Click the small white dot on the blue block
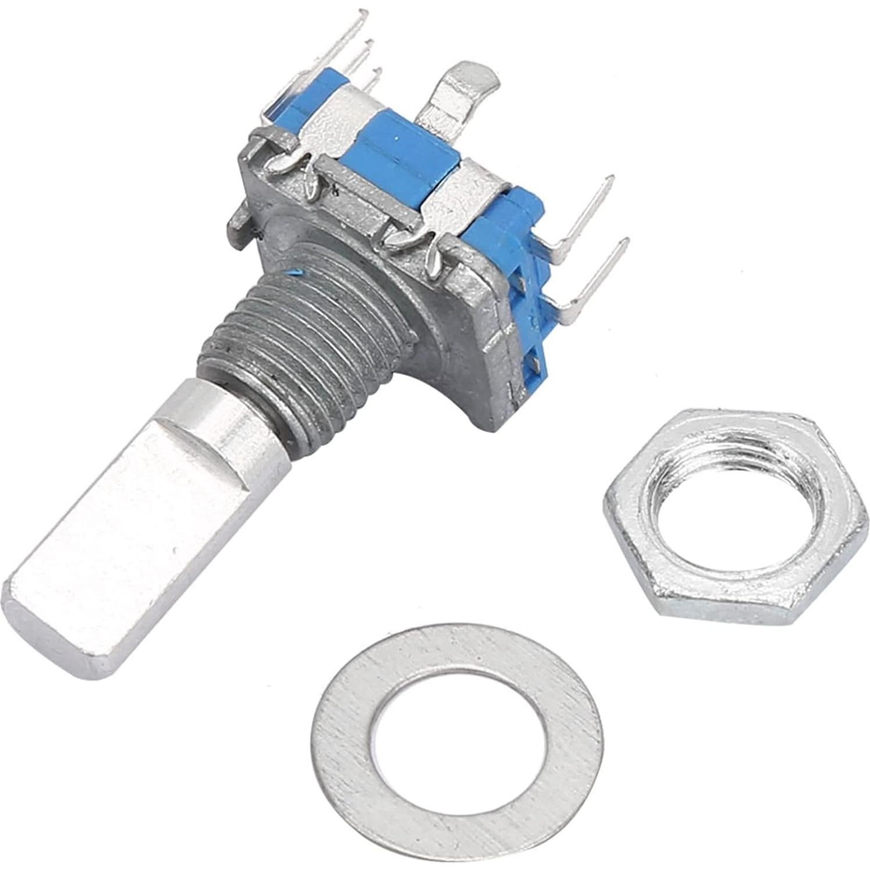click(396, 139)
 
